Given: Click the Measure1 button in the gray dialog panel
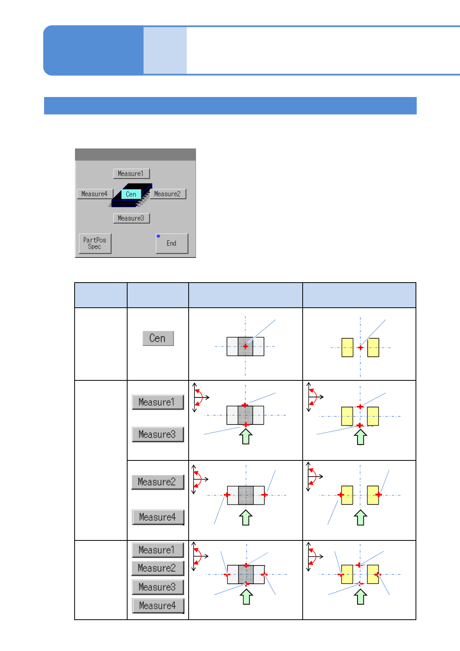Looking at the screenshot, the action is (131, 174).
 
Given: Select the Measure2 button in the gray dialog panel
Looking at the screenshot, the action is (167, 194).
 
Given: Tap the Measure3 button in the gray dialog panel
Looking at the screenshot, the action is (131, 218).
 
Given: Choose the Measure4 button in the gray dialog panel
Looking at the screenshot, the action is (95, 194).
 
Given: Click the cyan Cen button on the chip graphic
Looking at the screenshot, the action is (131, 194).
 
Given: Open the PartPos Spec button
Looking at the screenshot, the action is (95, 243).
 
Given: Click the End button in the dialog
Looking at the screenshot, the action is (172, 243).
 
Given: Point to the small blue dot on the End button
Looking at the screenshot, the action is (158, 236).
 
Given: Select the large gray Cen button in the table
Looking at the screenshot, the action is (158, 338).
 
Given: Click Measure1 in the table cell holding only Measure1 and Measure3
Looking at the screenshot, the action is (157, 402).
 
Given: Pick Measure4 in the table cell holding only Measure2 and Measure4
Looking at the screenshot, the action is (157, 517).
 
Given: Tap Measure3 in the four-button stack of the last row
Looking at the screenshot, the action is (157, 587).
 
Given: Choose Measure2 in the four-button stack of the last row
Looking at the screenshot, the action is (157, 568).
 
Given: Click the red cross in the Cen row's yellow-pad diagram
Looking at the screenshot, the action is (360, 348).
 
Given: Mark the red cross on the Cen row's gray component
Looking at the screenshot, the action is (245, 346).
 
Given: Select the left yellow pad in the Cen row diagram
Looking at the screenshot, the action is (348, 348).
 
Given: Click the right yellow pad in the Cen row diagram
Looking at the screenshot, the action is (373, 348).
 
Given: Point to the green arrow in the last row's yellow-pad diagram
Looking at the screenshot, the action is (360, 596).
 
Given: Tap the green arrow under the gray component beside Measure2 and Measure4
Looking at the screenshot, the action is (246, 517).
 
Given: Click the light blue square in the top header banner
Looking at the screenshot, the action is (165, 50).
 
